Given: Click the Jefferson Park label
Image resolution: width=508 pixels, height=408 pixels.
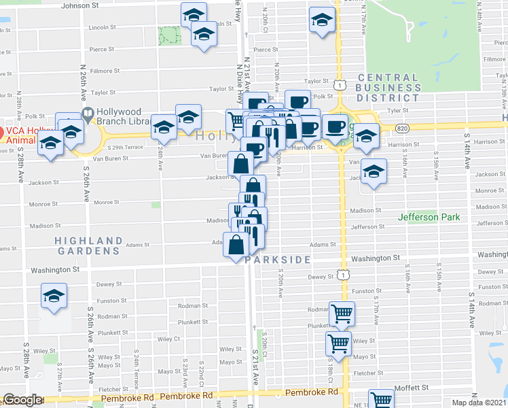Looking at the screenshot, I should [x=429, y=217].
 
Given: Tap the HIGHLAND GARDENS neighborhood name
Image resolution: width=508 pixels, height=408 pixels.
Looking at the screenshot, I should [x=88, y=245].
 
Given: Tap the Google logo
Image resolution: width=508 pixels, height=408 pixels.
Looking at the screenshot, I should [x=22, y=401].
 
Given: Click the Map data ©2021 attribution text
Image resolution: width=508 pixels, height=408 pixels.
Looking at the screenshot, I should [x=479, y=403].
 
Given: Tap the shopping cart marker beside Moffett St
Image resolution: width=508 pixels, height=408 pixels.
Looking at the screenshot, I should [x=381, y=400].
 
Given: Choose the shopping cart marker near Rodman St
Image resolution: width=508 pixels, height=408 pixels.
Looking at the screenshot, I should [x=342, y=313].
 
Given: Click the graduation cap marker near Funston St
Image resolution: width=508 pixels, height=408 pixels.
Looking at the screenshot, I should [x=54, y=296].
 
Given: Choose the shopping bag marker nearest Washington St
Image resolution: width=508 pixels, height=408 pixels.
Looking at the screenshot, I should [x=236, y=245].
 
